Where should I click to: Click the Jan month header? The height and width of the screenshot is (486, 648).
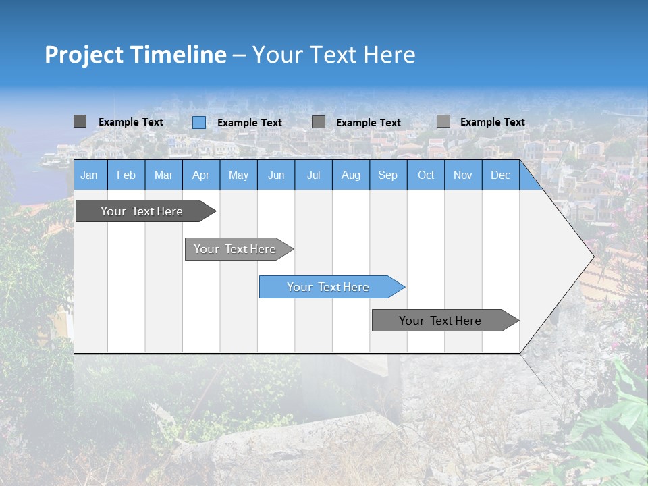pyautogui.click(x=89, y=175)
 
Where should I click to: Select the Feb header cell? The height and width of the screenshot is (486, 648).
pyautogui.click(x=126, y=175)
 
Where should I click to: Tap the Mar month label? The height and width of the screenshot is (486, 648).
pyautogui.click(x=163, y=175)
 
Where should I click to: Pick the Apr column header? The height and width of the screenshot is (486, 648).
pyautogui.click(x=201, y=175)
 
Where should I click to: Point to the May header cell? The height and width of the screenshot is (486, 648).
pyautogui.click(x=238, y=175)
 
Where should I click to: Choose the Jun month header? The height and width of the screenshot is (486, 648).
pyautogui.click(x=276, y=175)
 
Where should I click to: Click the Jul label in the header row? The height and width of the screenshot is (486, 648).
pyautogui.click(x=313, y=175)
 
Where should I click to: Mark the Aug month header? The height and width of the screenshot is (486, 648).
pyautogui.click(x=351, y=175)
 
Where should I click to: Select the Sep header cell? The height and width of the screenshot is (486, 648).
pyautogui.click(x=388, y=175)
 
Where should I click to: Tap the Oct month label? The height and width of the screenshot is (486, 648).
pyautogui.click(x=426, y=175)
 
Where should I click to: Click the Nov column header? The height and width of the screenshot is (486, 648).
pyautogui.click(x=463, y=175)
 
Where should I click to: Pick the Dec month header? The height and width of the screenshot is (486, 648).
pyautogui.click(x=500, y=175)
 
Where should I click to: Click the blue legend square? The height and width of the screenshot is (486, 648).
pyautogui.click(x=198, y=122)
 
